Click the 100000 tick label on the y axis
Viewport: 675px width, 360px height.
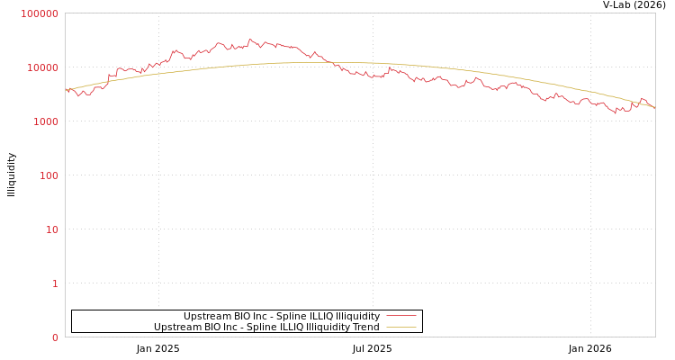coord(40,13)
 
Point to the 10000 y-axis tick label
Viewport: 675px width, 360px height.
coord(42,67)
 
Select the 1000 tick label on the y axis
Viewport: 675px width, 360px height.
coord(45,121)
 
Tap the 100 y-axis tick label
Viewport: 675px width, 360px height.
coord(48,175)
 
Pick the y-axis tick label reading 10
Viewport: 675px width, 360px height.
coord(51,229)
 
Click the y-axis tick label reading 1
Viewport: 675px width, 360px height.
coord(55,283)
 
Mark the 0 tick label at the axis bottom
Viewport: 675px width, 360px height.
coord(55,337)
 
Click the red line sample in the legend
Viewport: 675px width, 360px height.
coord(401,316)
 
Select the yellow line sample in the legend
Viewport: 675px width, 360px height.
coord(401,327)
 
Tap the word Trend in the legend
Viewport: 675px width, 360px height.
coord(365,327)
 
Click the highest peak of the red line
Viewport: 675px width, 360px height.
coord(249,40)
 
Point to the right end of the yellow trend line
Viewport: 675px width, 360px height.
coord(654,108)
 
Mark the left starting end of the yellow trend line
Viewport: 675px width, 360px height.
coord(66,90)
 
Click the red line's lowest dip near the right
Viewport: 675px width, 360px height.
coord(616,112)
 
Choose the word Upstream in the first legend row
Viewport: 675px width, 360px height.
coord(206,316)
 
